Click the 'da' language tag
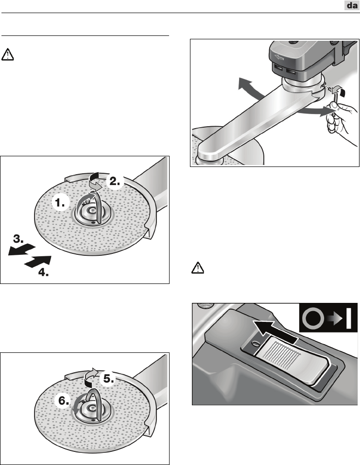[352, 5]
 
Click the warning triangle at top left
[7, 55]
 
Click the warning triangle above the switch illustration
[198, 268]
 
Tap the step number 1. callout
[60, 203]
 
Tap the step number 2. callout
[115, 181]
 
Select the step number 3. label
[18, 239]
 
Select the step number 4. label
[43, 272]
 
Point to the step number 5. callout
[109, 379]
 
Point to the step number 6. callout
[64, 401]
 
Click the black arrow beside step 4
[38, 262]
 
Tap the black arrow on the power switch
[274, 332]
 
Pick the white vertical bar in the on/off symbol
[349, 318]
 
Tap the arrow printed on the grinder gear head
[279, 57]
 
